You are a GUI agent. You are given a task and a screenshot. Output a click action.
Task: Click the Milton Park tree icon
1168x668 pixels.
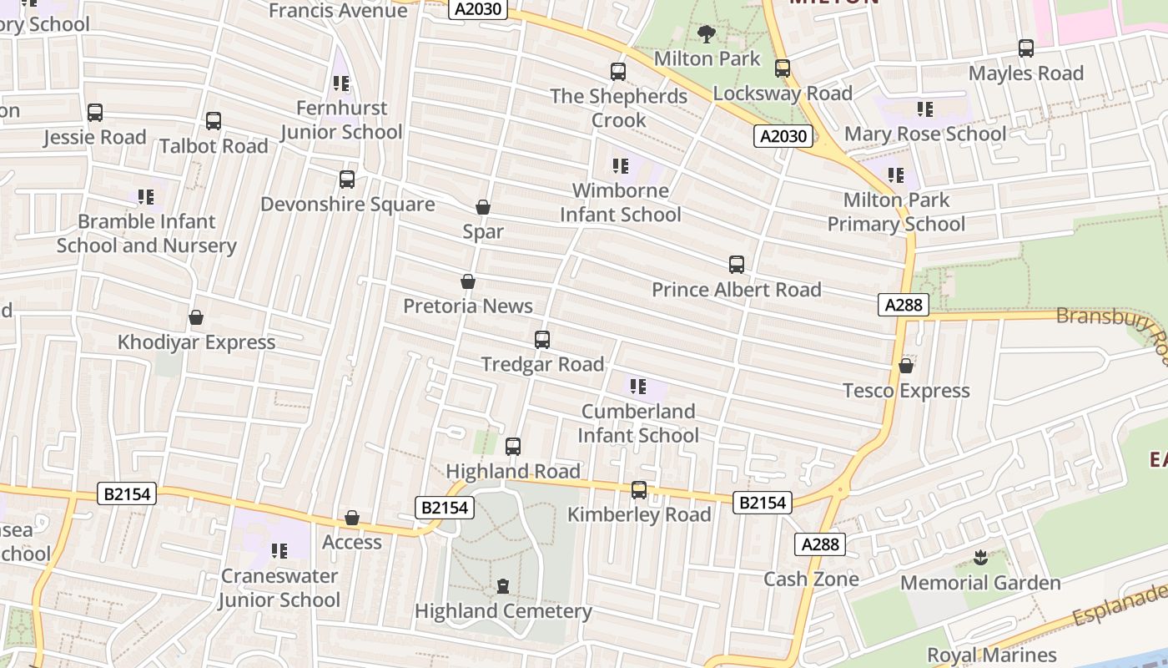(707, 34)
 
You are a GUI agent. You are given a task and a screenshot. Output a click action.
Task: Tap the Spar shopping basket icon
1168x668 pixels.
(483, 207)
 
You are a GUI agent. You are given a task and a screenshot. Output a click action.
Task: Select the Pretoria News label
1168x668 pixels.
(468, 306)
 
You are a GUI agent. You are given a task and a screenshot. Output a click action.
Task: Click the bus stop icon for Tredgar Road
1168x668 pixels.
(542, 340)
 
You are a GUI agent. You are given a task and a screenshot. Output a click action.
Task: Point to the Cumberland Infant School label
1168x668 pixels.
(638, 423)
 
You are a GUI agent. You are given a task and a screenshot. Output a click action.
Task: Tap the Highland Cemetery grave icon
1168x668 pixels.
(503, 586)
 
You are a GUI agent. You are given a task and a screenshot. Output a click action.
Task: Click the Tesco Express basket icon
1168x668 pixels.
(906, 367)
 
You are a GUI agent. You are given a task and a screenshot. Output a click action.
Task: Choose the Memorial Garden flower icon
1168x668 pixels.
(980, 558)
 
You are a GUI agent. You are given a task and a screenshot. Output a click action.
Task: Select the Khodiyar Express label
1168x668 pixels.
(196, 342)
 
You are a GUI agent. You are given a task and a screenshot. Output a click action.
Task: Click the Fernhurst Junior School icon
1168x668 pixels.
(341, 83)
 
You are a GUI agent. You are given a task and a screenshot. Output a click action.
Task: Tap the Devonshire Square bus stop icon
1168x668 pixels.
(347, 180)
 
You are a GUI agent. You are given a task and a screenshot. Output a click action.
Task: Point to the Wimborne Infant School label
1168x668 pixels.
(621, 203)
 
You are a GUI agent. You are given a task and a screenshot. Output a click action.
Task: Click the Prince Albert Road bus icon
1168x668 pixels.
(737, 266)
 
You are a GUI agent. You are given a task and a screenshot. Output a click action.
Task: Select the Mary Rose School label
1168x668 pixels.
(925, 134)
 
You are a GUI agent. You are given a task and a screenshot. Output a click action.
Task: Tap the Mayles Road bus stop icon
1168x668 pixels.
(1026, 48)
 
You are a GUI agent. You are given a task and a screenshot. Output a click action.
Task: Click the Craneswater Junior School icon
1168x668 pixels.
(279, 551)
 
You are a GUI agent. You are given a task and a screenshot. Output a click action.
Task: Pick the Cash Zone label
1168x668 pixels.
(811, 579)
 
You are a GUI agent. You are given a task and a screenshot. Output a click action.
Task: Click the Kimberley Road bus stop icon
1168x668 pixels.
(639, 490)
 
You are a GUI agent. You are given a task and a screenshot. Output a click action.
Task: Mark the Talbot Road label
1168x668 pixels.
(214, 146)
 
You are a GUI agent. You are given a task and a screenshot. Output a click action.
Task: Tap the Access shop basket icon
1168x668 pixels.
(352, 519)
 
